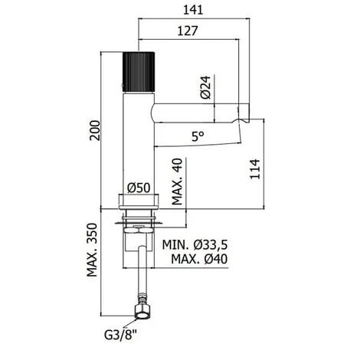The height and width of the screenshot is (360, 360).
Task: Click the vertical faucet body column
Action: (139, 146)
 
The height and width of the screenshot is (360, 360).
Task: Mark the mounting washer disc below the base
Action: (139, 223)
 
